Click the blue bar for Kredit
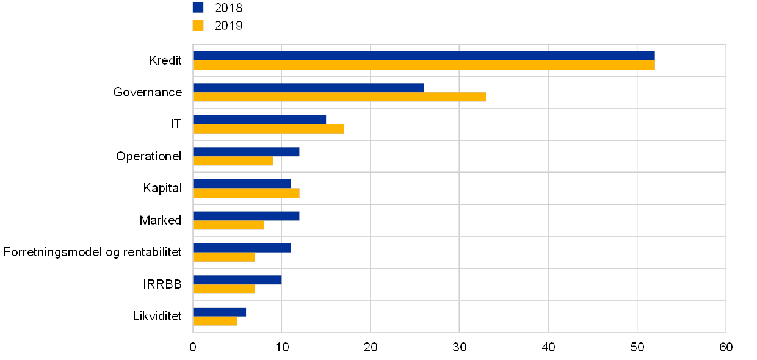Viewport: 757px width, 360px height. (x=424, y=56)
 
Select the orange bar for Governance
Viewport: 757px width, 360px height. (x=339, y=97)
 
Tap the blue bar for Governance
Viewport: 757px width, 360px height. (x=308, y=87)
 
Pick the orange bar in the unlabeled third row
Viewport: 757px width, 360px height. (x=268, y=129)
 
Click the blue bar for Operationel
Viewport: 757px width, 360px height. (x=246, y=151)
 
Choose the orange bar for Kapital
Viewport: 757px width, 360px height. (x=246, y=193)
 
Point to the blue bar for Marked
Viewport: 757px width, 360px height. (x=246, y=215)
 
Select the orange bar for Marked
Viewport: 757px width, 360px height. (x=228, y=225)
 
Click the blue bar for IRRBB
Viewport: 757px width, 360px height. (x=237, y=279)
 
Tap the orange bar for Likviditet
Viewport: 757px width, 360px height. (x=215, y=321)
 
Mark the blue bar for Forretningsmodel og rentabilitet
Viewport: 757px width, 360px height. (x=241, y=248)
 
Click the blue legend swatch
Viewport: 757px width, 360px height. (x=198, y=7)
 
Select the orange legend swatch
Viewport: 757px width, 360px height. (x=198, y=25)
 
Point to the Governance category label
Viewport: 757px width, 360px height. (x=148, y=92)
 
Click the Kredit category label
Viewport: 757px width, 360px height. (x=166, y=60)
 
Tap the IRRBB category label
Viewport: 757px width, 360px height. (x=165, y=284)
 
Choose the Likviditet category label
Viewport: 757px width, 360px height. (x=162, y=316)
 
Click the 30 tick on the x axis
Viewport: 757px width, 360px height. (x=459, y=347)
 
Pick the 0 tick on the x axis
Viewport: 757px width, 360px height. (x=193, y=347)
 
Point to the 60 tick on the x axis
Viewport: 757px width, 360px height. (x=725, y=347)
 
